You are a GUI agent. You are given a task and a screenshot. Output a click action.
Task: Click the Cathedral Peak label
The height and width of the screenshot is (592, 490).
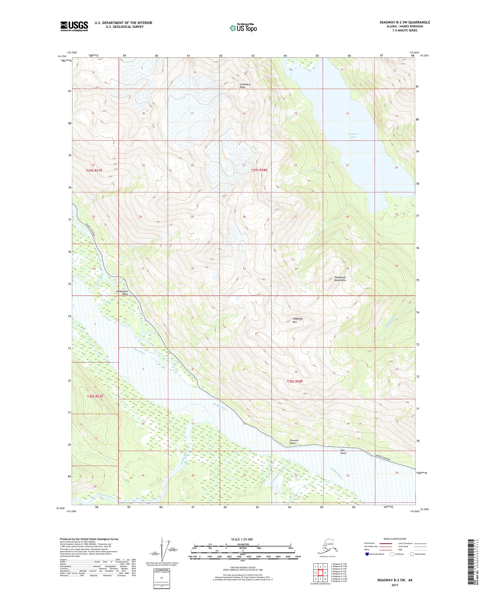tap(245, 86)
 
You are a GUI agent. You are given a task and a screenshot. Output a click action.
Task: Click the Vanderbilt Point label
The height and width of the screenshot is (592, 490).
tap(122, 293)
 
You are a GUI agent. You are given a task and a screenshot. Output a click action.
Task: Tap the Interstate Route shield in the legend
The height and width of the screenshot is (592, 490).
tap(366, 554)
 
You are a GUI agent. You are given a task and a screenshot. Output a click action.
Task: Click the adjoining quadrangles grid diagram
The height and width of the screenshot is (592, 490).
tap(320, 574)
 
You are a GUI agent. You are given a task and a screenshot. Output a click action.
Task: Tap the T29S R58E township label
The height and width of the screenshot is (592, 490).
tap(259, 170)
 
